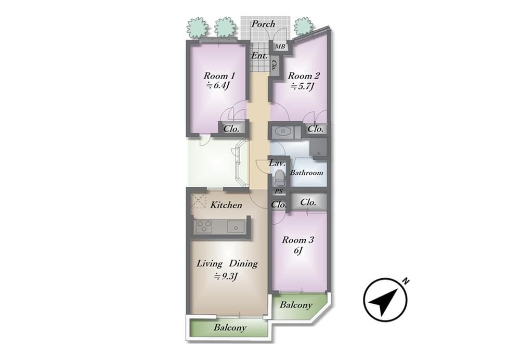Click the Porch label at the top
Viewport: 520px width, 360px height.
coord(263,24)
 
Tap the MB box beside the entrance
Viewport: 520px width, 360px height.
coord(280,47)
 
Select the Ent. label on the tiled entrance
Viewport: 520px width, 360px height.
coord(259,56)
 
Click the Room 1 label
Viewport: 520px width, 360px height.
coord(219,76)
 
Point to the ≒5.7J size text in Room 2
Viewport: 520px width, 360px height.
coord(302,87)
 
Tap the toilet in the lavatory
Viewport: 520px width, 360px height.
coord(280,178)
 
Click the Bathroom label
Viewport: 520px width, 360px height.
coord(306,173)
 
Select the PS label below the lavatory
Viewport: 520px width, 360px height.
coord(279,191)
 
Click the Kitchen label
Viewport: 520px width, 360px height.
coord(226,205)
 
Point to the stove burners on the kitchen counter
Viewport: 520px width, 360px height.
coord(204,227)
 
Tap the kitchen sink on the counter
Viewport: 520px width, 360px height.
coord(236,227)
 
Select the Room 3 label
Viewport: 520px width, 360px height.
coord(298,240)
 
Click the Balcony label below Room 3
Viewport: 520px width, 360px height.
coord(296,305)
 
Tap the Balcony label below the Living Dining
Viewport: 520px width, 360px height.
coord(230,328)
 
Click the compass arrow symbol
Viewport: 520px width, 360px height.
coord(385,300)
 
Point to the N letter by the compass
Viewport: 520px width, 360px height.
coord(405,281)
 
